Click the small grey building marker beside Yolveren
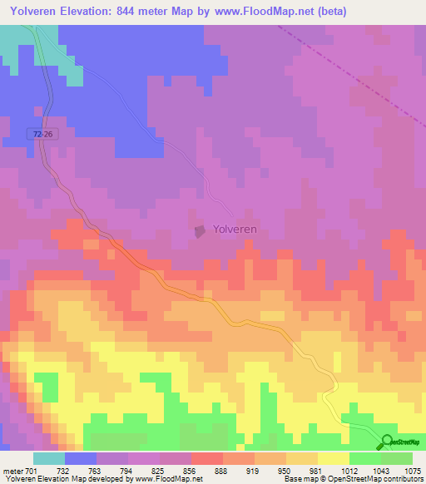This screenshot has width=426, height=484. click(200, 230)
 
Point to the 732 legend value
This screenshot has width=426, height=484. click(61, 470)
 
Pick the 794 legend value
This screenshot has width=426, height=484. click(126, 470)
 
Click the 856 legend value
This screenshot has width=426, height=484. click(191, 470)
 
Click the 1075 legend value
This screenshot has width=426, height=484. click(413, 470)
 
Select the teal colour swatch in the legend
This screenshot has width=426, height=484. click(49, 458)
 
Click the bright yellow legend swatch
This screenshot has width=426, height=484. click(333, 458)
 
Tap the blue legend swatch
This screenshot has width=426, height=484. click(81, 458)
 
